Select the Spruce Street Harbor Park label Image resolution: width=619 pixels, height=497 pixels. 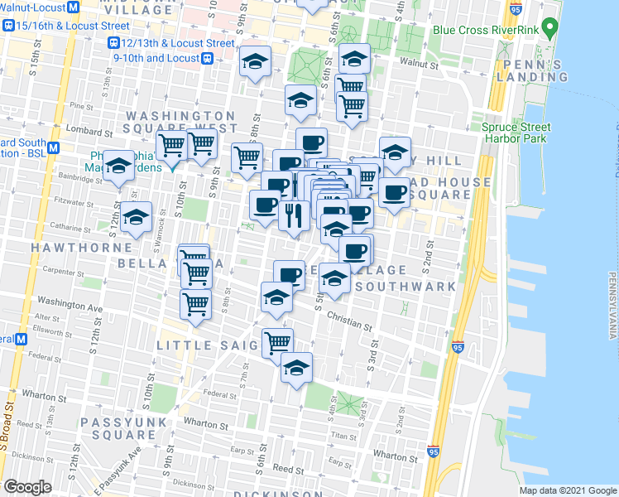[x=516, y=133]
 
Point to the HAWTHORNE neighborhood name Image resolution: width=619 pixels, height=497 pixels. [x=81, y=247]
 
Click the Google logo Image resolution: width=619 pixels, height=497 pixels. [x=27, y=487]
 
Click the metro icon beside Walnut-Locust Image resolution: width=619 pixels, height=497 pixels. [x=73, y=7]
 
